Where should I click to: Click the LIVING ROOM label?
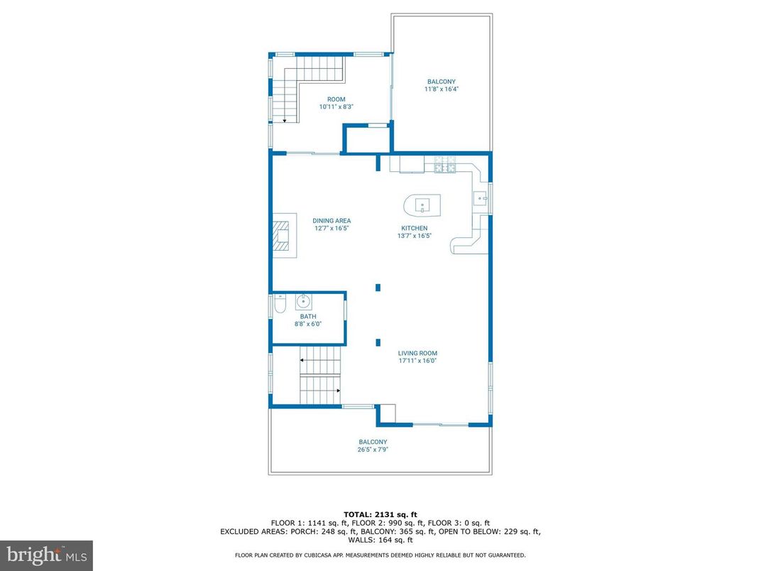417,353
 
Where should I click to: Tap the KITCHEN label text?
414,228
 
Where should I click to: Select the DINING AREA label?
332,221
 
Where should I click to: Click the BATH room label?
308,317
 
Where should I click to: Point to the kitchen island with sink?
422,205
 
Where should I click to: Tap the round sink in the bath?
300,301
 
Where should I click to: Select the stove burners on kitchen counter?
445,168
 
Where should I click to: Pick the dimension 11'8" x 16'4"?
441,89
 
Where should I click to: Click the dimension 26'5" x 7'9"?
373,449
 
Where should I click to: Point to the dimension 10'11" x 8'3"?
336,107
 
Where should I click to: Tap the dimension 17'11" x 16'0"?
417,361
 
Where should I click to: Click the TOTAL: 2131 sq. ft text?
380,513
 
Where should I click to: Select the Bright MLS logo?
46,555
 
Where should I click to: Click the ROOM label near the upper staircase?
336,99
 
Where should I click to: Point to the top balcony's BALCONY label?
441,82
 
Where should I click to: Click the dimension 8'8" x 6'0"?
308,324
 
